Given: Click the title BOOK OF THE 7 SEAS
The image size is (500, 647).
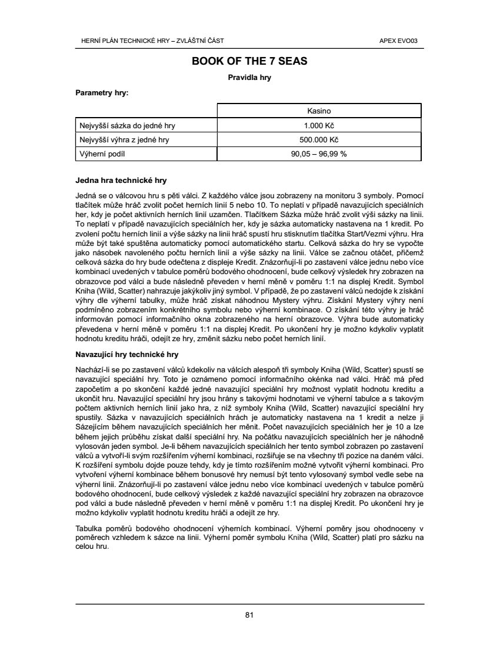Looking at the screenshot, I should pyautogui.click(x=249, y=61).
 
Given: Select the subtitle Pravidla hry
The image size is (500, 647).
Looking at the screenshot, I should pyautogui.click(x=249, y=77).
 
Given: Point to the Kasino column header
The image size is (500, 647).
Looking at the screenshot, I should pyautogui.click(x=319, y=111).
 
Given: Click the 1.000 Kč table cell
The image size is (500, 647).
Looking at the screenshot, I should pyautogui.click(x=319, y=126).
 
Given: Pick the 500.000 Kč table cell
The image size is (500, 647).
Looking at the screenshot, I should pyautogui.click(x=319, y=140).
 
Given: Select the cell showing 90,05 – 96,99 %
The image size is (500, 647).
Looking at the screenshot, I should pyautogui.click(x=319, y=154).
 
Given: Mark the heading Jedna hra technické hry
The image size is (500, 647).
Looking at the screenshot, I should pyautogui.click(x=121, y=180).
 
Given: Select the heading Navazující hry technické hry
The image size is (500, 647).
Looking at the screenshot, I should pyautogui.click(x=127, y=355).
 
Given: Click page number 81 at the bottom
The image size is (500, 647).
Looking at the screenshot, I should pyautogui.click(x=249, y=615).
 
